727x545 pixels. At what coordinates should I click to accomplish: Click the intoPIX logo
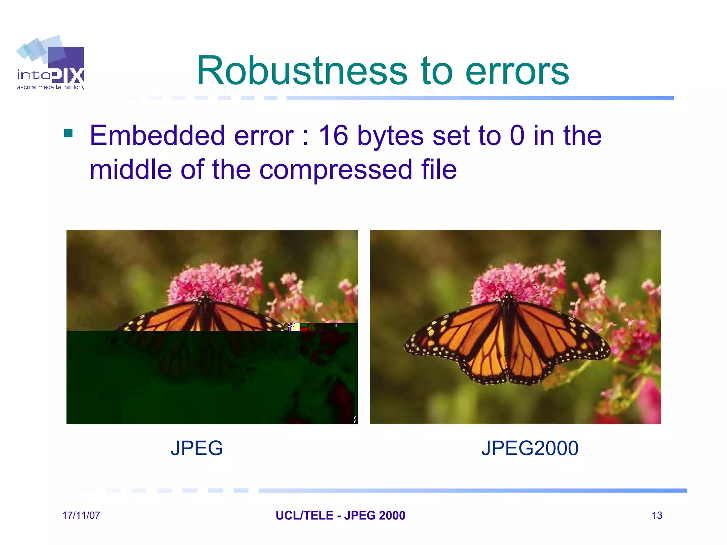(50, 63)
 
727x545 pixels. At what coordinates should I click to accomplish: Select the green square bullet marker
(68, 133)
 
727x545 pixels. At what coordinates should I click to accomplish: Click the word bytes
(390, 136)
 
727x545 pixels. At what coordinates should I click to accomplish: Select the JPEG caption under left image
(197, 448)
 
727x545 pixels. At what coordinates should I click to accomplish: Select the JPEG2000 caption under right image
(530, 448)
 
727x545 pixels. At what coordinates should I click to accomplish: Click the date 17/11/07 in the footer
(81, 515)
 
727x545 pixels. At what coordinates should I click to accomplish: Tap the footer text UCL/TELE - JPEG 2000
(340, 515)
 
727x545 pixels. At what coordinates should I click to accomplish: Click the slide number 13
(657, 515)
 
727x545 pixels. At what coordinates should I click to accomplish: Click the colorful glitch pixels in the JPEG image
(294, 327)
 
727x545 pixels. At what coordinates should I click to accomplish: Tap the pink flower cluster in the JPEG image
(209, 280)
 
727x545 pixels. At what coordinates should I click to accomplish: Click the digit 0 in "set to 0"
(517, 136)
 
